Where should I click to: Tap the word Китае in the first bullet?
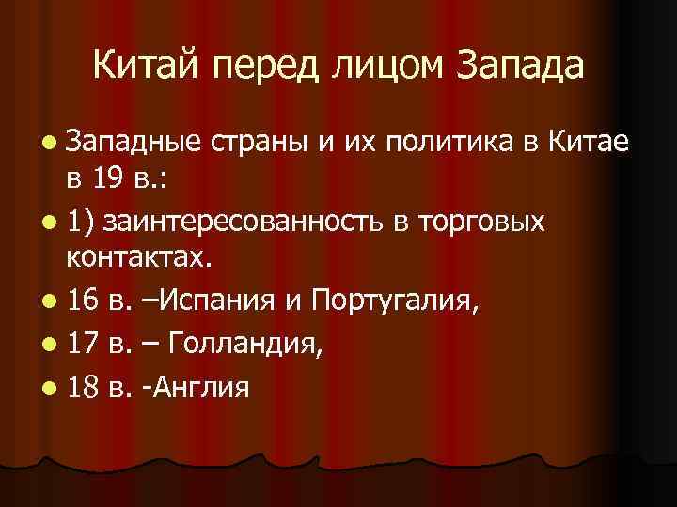[583, 146]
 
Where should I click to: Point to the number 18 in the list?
[82, 387]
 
